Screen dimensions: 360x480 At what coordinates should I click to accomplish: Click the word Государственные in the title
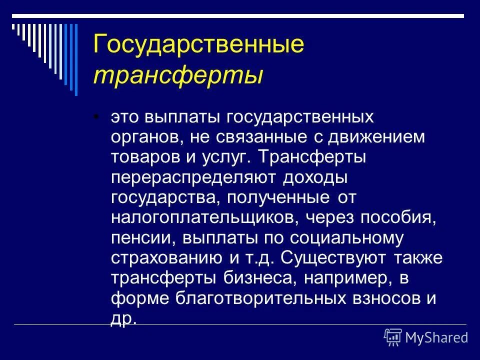pos(198,45)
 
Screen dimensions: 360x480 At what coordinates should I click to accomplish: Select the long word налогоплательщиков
pos(209,217)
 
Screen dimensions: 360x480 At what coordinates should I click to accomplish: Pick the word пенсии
pos(142,237)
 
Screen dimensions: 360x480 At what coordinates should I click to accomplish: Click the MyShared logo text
pos(436,337)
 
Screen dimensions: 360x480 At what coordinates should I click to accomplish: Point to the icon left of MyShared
pos(393,337)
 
